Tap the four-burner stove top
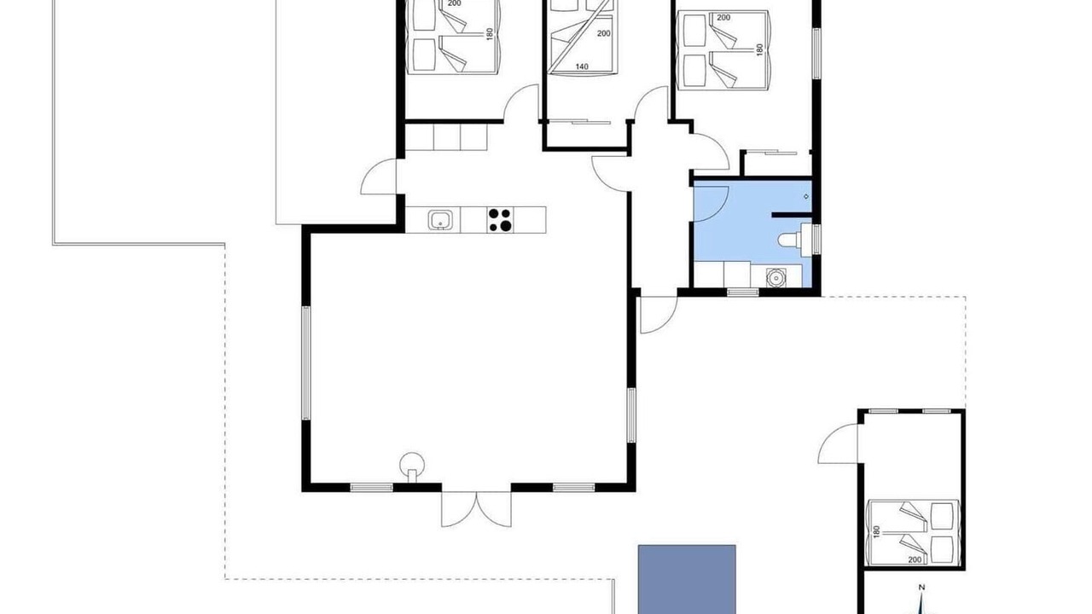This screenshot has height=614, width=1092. [500, 220]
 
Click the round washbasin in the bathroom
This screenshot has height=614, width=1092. [775, 277]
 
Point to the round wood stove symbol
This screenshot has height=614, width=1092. [412, 466]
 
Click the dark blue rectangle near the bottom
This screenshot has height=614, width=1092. [687, 579]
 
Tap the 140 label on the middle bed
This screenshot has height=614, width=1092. [582, 67]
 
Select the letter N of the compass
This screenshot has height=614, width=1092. [921, 588]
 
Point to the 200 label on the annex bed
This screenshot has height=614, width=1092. [915, 560]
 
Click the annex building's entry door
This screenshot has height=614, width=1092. [838, 444]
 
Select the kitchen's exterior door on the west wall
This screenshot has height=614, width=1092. [378, 177]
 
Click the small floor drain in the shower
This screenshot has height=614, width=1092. [806, 196]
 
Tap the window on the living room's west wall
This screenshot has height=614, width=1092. [305, 362]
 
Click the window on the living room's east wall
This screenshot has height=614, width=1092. [631, 415]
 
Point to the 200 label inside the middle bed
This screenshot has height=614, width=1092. [603, 33]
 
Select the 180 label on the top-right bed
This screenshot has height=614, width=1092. [759, 49]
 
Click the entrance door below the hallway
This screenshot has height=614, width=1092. [658, 315]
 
